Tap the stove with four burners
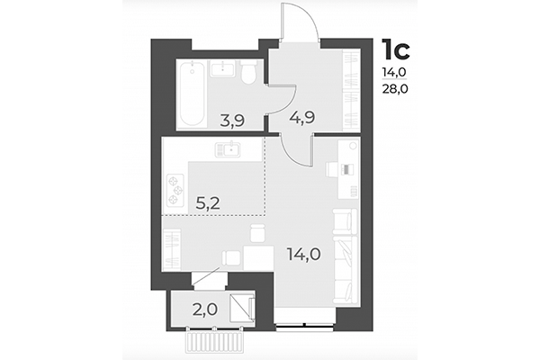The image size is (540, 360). [x=174, y=186]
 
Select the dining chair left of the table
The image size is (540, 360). [x=231, y=256]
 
